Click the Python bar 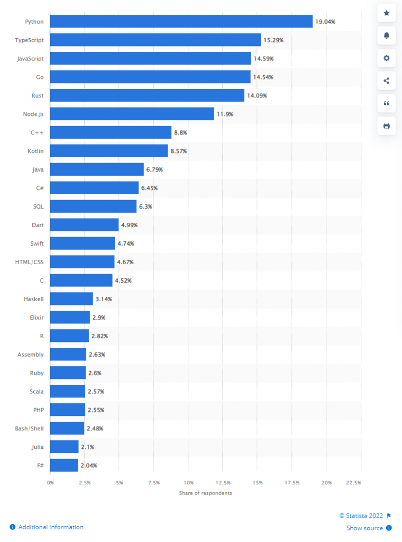pyautogui.click(x=181, y=21)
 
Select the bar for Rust pyautogui.click(x=148, y=95)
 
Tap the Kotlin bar pyautogui.click(x=109, y=151)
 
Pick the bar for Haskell pyautogui.click(x=72, y=299)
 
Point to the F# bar pyautogui.click(x=65, y=465)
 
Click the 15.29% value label pyautogui.click(x=273, y=40)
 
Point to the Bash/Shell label pyautogui.click(x=30, y=428)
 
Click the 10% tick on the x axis pyautogui.click(x=189, y=483)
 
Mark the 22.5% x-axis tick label pyautogui.click(x=353, y=483)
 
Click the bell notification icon pyautogui.click(x=387, y=35)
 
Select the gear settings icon pyautogui.click(x=387, y=58)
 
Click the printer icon pyautogui.click(x=387, y=125)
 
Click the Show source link pyautogui.click(x=364, y=528)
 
